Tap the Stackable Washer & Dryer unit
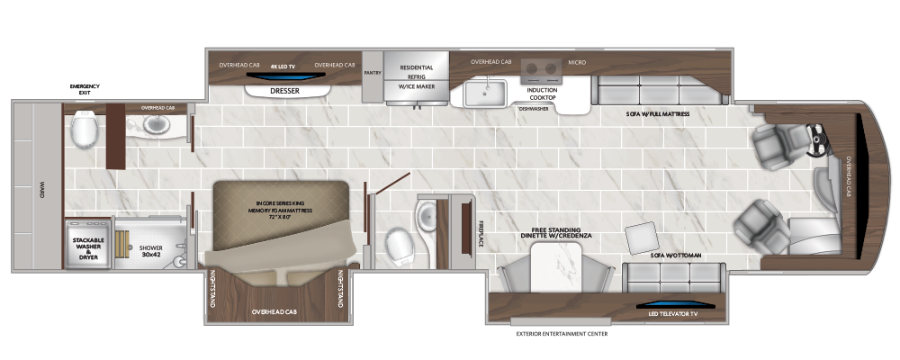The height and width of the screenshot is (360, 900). tap(89, 248)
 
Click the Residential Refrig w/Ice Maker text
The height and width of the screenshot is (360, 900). tap(416, 77)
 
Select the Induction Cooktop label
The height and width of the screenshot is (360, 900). tap(542, 93)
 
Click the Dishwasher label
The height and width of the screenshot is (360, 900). tap(535, 109)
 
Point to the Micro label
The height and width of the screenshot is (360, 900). tap(577, 63)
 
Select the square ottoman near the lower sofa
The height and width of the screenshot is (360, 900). tap(641, 236)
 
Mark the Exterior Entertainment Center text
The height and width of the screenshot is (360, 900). tap(562, 334)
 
